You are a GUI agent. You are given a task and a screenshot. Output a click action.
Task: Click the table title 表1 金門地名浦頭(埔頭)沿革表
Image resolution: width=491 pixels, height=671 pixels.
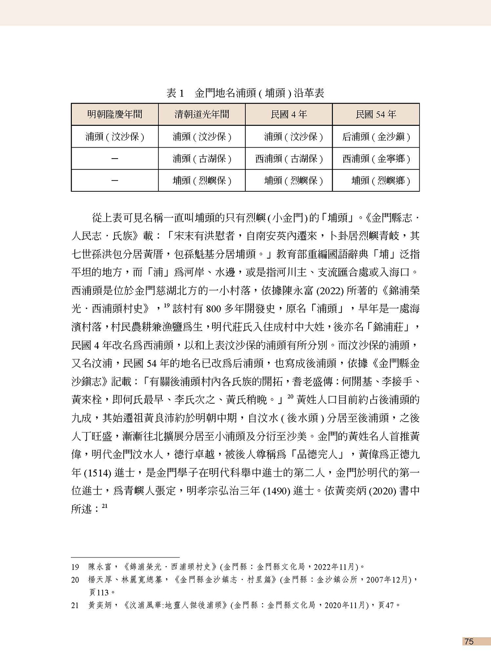pos(245,93)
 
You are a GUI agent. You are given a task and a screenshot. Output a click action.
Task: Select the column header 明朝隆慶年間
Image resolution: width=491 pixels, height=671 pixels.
pos(115,114)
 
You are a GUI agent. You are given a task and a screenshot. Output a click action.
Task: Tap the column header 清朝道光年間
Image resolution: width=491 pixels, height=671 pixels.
pos(202,114)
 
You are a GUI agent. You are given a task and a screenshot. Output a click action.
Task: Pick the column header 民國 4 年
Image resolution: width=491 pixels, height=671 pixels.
pos(289,114)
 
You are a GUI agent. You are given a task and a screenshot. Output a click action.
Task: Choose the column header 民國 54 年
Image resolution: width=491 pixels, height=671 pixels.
pos(376,114)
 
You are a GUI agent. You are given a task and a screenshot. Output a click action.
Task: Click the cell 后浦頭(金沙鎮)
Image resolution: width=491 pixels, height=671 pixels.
pos(376,137)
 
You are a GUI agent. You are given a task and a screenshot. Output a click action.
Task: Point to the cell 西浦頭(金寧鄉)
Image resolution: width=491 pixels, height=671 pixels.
pos(376,159)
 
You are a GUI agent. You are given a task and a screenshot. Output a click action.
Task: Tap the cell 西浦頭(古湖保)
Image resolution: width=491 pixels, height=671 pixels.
pos(289,159)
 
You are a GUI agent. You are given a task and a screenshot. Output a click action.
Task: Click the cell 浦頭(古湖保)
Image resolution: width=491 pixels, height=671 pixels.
pos(202,159)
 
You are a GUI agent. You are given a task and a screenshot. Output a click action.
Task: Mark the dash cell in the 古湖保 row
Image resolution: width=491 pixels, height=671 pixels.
pos(115,159)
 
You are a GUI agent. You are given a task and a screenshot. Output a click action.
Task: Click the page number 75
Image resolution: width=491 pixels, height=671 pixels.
pos(469,642)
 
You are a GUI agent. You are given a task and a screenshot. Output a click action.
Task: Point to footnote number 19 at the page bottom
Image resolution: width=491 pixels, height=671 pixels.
pos(75,567)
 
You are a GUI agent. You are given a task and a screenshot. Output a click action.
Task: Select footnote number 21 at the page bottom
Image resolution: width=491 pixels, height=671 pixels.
pos(75,605)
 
